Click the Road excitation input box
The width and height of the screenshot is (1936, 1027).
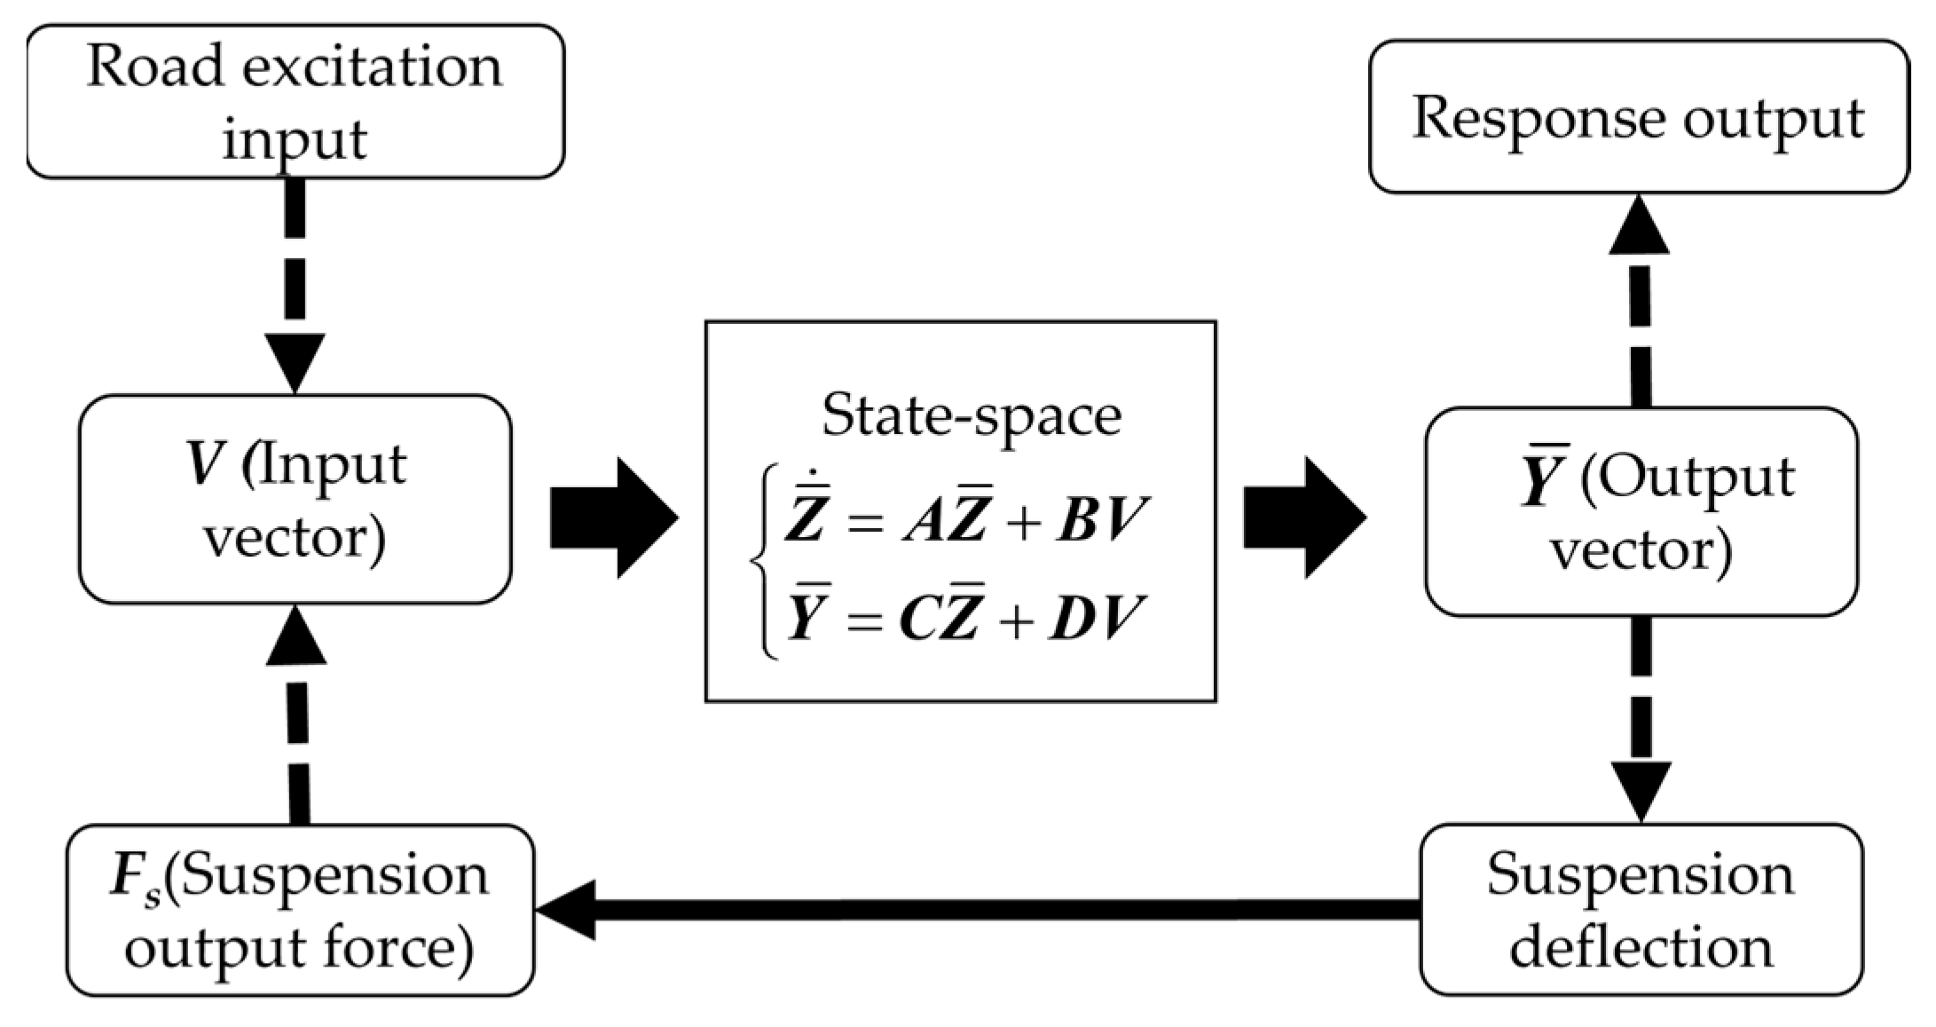coord(295,101)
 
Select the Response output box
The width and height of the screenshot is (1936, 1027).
coord(1638,116)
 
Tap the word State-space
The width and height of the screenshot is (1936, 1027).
coord(971,415)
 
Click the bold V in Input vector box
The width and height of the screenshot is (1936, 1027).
coord(205,464)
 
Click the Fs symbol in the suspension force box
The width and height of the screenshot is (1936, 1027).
coord(134,878)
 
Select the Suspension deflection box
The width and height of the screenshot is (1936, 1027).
coord(1640,909)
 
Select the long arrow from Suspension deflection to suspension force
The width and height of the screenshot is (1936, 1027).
coord(976,909)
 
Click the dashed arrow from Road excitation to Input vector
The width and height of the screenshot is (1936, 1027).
coord(295,284)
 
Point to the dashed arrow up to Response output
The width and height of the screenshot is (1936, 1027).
coord(1640,302)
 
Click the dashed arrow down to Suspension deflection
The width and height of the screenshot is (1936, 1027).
coord(1640,719)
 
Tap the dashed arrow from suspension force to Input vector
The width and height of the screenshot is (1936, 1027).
coord(298,719)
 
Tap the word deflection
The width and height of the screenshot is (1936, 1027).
coord(1641,946)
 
